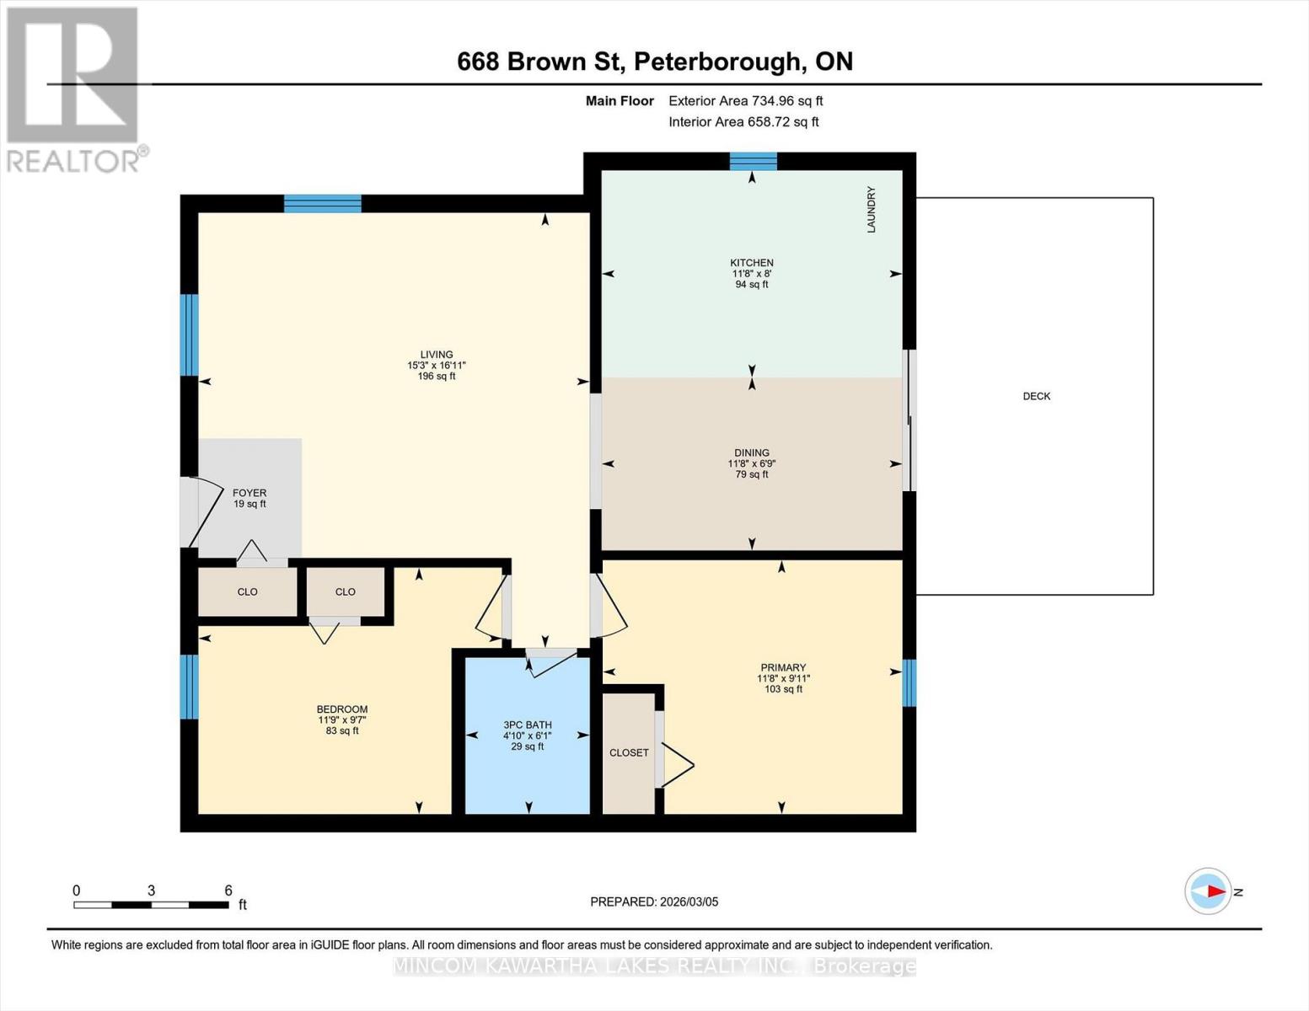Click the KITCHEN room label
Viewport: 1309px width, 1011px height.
pyautogui.click(x=751, y=263)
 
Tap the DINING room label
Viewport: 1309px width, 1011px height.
pyautogui.click(x=751, y=452)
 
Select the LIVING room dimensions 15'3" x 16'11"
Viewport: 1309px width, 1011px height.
pyautogui.click(x=436, y=366)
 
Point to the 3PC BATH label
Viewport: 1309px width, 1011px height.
pyautogui.click(x=527, y=725)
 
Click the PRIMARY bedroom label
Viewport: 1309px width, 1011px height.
pyautogui.click(x=782, y=667)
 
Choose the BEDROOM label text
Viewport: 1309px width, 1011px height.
pyautogui.click(x=341, y=709)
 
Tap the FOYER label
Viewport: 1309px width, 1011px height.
pyautogui.click(x=249, y=493)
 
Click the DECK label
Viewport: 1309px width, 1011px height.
pyautogui.click(x=1036, y=396)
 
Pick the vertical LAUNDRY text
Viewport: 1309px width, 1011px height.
pyautogui.click(x=872, y=210)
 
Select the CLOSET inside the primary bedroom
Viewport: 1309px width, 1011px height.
pyautogui.click(x=629, y=752)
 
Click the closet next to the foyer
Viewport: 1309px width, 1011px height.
pyautogui.click(x=247, y=591)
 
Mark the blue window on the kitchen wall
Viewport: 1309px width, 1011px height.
pyautogui.click(x=753, y=161)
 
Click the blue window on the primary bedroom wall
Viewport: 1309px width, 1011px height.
pyautogui.click(x=909, y=682)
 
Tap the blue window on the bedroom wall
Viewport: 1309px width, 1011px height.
pyautogui.click(x=190, y=686)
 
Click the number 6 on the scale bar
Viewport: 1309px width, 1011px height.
pyautogui.click(x=228, y=891)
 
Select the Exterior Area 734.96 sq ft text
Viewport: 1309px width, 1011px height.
pyautogui.click(x=745, y=101)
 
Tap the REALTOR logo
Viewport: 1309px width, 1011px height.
pyautogui.click(x=74, y=88)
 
